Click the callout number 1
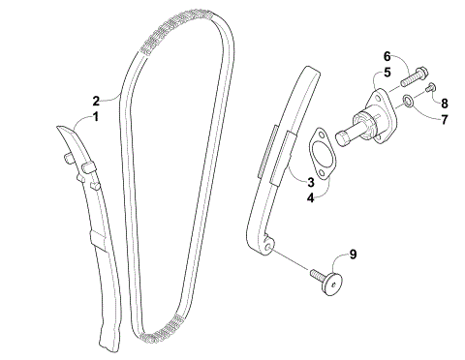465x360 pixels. (x=95, y=117)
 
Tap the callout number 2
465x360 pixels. (x=96, y=100)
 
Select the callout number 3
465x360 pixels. (x=311, y=181)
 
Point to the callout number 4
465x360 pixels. (x=311, y=198)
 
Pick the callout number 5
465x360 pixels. (x=386, y=72)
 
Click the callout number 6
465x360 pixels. (x=386, y=55)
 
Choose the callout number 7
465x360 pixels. (x=445, y=120)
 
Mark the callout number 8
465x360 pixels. (x=445, y=103)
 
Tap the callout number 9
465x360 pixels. (x=353, y=255)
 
